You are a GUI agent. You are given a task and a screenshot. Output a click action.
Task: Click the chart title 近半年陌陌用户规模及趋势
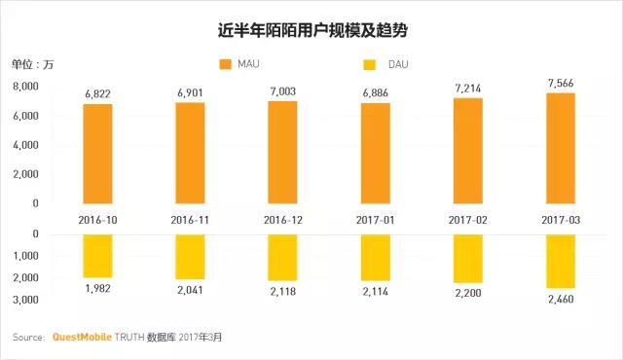(x=312, y=30)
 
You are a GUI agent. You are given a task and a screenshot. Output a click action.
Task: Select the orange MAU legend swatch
(x=225, y=64)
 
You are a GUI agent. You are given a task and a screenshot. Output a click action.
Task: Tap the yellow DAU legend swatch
(x=370, y=64)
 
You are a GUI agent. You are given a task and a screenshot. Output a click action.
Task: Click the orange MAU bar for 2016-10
(x=97, y=154)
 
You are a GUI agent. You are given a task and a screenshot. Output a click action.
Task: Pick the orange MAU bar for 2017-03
(x=561, y=149)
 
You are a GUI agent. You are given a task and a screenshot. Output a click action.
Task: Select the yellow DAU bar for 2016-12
(x=282, y=258)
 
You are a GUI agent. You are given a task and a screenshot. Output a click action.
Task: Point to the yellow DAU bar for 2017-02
(x=468, y=259)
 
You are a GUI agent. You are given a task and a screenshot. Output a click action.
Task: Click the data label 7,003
(x=283, y=91)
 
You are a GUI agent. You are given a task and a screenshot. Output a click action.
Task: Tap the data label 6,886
(x=376, y=93)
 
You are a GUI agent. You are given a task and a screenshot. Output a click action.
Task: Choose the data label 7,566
(x=561, y=84)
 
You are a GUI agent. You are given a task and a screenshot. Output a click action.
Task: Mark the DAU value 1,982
(x=97, y=289)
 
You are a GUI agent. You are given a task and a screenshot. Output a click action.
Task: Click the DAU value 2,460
(x=561, y=299)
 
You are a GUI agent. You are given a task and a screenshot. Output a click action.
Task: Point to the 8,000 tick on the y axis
(x=26, y=87)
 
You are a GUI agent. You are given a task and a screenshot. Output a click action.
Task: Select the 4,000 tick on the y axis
(x=26, y=145)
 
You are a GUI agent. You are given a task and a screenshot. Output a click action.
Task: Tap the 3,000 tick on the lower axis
(x=26, y=300)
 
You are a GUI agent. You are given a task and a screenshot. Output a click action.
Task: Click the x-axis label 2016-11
(x=190, y=220)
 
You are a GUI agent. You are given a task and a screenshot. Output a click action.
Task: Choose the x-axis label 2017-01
(x=376, y=220)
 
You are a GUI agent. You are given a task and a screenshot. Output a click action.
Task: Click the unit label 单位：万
(x=32, y=64)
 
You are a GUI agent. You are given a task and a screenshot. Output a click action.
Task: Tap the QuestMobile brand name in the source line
(x=82, y=338)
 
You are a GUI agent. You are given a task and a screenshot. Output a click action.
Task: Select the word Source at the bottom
(x=28, y=338)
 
